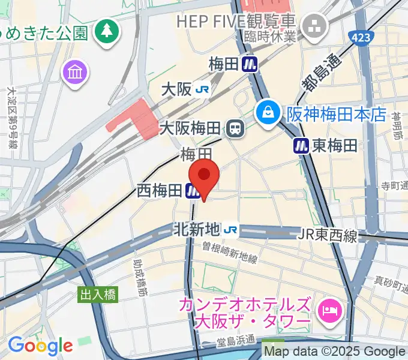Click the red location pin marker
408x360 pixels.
205,176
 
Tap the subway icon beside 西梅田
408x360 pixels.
193,191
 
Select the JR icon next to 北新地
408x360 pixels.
230,229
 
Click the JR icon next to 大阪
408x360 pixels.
202,89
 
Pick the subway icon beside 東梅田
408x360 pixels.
301,145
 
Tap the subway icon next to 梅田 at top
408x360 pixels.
250,64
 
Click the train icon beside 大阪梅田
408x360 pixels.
235,128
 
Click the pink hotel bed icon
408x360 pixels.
329,310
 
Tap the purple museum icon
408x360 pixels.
76,73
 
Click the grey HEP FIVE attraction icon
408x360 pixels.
314,25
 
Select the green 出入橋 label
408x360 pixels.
99,295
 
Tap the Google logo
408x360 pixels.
40,346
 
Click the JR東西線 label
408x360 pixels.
328,235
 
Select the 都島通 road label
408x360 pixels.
322,70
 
